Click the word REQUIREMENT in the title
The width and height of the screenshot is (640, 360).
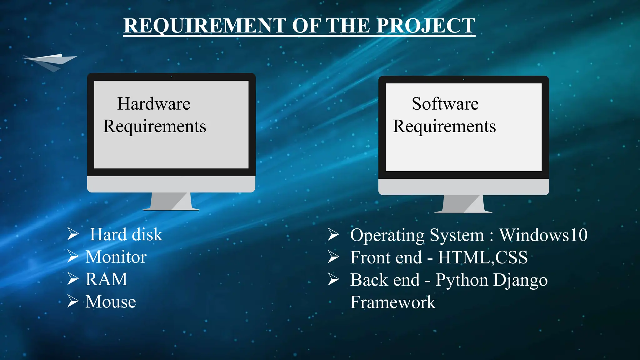pyautogui.click(x=205, y=26)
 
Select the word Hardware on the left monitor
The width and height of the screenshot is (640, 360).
pyautogui.click(x=153, y=104)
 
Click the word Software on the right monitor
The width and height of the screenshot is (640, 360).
pyautogui.click(x=445, y=104)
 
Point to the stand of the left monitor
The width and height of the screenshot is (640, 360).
pyautogui.click(x=171, y=202)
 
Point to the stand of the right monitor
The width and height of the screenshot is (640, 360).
pyautogui.click(x=463, y=204)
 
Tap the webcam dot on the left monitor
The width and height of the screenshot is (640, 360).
pyautogui.click(x=171, y=77)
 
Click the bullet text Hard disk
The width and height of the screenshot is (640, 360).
pyautogui.click(x=126, y=234)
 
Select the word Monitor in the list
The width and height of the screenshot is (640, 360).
pyautogui.click(x=116, y=257)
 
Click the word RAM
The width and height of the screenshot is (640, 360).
pyautogui.click(x=106, y=279)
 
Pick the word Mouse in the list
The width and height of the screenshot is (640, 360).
pyautogui.click(x=111, y=302)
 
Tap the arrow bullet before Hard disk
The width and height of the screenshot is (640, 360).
pyautogui.click(x=73, y=234)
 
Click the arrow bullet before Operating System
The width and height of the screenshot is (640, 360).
pyautogui.click(x=333, y=235)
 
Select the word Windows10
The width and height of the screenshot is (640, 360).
pyautogui.click(x=543, y=235)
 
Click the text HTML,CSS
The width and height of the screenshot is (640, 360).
pyautogui.click(x=482, y=257)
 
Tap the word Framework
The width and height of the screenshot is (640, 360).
pyautogui.click(x=392, y=302)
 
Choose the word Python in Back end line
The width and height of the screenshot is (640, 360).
pyautogui.click(x=462, y=280)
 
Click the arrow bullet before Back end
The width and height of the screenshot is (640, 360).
pyautogui.click(x=333, y=279)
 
